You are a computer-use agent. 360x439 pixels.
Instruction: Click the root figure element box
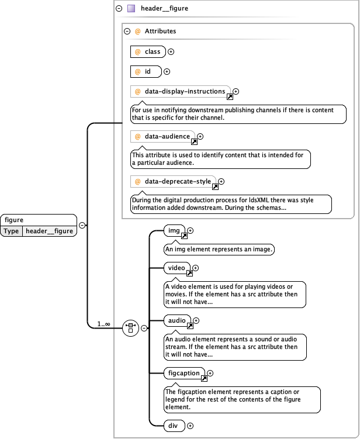pyautogui.click(x=39, y=220)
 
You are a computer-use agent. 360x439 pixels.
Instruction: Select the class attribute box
pyautogui.click(x=148, y=52)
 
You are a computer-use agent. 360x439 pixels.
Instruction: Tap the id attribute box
pyautogui.click(x=145, y=72)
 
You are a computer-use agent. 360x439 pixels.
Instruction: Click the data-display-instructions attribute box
pyautogui.click(x=181, y=92)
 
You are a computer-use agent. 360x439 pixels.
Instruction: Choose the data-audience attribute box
pyautogui.click(x=163, y=137)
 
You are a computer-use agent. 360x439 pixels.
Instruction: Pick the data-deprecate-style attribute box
pyautogui.click(x=173, y=182)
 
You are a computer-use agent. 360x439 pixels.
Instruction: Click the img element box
pyautogui.click(x=175, y=231)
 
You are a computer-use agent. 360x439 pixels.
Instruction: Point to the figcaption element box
pyautogui.click(x=185, y=373)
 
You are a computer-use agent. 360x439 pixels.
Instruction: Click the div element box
pyautogui.click(x=174, y=426)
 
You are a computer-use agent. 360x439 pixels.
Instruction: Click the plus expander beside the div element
pyautogui.click(x=190, y=426)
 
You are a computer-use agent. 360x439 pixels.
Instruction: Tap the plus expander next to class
pyautogui.click(x=171, y=52)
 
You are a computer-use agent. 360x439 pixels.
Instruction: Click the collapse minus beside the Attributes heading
pyautogui.click(x=127, y=31)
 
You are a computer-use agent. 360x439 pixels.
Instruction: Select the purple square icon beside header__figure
pyautogui.click(x=131, y=9)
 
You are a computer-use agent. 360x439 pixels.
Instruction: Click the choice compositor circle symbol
pyautogui.click(x=130, y=328)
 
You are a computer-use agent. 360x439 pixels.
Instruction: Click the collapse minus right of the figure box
pyautogui.click(x=82, y=225)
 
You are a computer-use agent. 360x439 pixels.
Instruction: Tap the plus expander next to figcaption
pyautogui.click(x=210, y=373)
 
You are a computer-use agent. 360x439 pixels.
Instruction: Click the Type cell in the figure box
pyautogui.click(x=12, y=231)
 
